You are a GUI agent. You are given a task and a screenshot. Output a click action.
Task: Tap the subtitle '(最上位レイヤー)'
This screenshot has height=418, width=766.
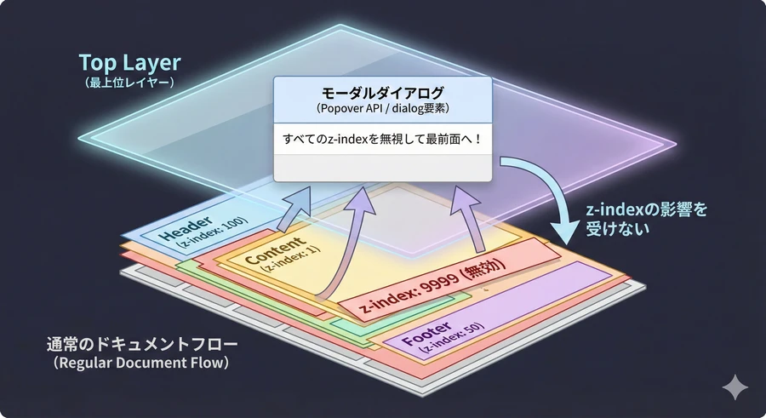[x=130, y=83]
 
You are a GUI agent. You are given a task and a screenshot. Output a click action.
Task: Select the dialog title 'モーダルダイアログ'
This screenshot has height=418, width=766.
[x=382, y=92]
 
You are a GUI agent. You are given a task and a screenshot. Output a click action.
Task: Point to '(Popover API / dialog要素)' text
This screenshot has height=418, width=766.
[x=382, y=109]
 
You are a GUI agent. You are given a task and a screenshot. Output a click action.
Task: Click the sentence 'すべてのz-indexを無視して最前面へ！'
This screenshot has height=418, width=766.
[x=382, y=138]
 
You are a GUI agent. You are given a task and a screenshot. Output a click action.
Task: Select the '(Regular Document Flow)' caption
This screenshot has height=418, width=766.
[x=142, y=364]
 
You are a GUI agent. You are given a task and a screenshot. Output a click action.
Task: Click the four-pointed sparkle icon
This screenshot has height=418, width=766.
[x=735, y=387]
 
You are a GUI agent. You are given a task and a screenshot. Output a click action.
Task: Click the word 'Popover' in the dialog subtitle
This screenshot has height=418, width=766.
[x=342, y=109]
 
